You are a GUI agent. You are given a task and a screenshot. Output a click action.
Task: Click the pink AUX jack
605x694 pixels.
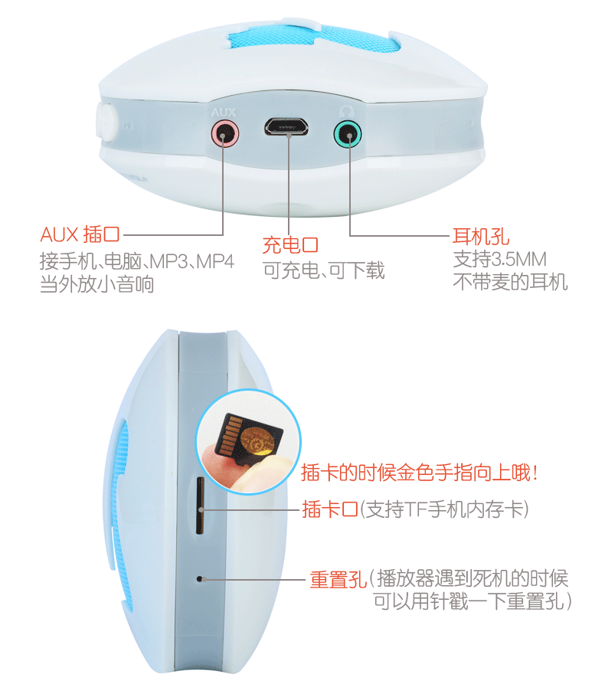coord(224,135)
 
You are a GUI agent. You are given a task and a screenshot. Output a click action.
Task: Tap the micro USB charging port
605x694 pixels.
coord(288,126)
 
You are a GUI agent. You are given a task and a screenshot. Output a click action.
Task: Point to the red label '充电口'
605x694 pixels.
coord(290,245)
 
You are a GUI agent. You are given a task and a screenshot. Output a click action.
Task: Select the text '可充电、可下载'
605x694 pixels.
coord(324,270)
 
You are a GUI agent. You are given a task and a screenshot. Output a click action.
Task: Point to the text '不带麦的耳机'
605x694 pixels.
coord(510,282)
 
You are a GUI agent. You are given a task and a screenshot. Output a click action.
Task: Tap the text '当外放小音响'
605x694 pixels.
coord(96,285)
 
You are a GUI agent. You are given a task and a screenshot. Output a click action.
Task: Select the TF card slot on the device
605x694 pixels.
coord(200,506)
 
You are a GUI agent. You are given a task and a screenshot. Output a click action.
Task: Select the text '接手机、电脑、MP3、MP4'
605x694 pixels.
coord(136,260)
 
